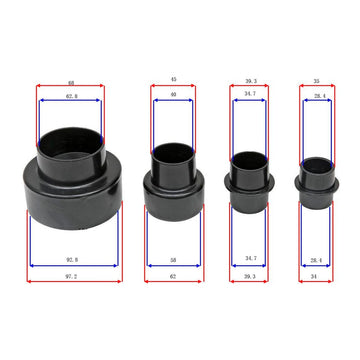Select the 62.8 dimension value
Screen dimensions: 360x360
coord(70,95)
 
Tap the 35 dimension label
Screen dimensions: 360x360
coord(317,81)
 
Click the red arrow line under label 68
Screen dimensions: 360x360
coord(70,87)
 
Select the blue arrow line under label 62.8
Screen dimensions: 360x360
coord(70,101)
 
